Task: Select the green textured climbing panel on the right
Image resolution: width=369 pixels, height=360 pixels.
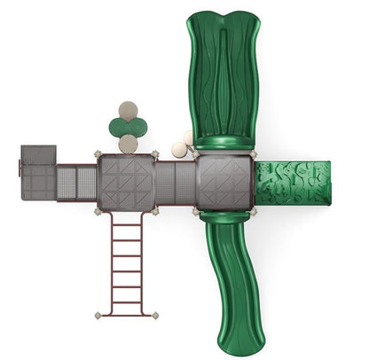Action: click(x=292, y=182)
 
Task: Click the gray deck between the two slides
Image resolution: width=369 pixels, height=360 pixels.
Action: click(x=224, y=183)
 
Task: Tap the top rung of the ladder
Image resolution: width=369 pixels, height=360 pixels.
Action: click(x=127, y=225)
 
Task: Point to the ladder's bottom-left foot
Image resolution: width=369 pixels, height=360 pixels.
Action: click(x=98, y=315)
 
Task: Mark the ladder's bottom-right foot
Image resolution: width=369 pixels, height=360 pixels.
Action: click(x=155, y=315)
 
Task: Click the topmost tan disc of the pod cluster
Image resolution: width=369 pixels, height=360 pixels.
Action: click(x=130, y=111)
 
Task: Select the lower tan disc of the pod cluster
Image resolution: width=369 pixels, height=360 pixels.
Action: click(x=129, y=144)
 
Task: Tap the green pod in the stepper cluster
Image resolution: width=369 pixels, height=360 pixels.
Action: click(x=129, y=127)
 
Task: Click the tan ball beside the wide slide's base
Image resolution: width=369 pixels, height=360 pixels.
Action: click(x=181, y=150)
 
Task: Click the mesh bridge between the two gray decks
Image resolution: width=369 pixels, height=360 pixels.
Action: click(x=175, y=182)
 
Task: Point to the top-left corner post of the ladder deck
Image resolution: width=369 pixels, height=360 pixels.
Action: click(x=98, y=155)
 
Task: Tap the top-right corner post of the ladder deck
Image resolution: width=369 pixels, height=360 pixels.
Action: click(x=155, y=155)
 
